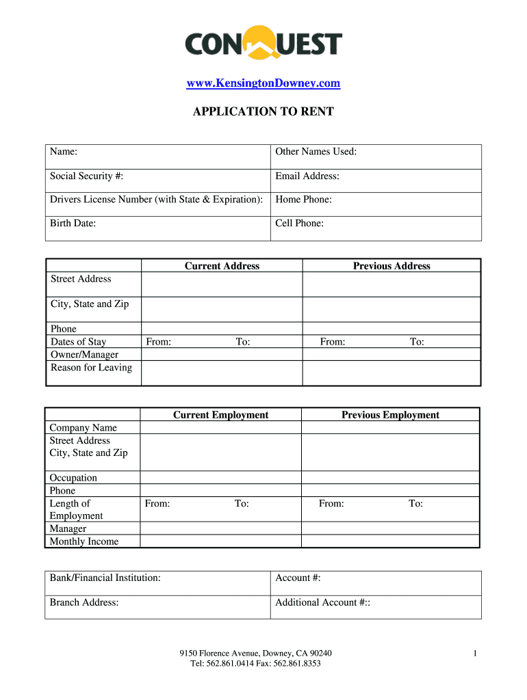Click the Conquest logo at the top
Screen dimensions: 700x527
[263, 44]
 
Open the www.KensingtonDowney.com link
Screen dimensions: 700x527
[263, 83]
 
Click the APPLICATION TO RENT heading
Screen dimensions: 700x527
[263, 111]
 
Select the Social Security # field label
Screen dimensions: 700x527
[86, 176]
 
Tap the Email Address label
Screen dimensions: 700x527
[307, 176]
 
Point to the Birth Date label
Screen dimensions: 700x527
[73, 223]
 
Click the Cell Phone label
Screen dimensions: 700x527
[300, 223]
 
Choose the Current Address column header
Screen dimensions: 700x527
[222, 266]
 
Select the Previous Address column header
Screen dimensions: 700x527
[391, 266]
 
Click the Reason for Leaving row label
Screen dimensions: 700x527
[91, 368]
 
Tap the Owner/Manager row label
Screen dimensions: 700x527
[84, 355]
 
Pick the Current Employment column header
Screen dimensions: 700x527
[220, 415]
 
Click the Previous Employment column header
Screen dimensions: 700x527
[390, 415]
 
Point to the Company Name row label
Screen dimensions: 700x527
[83, 428]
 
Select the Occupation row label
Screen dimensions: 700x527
[73, 478]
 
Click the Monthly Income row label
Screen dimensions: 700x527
[83, 541]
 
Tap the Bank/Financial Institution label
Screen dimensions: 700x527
[105, 578]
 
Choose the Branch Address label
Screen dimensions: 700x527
[84, 602]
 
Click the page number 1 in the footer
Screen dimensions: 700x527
[474, 654]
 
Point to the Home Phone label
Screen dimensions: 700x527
[303, 200]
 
